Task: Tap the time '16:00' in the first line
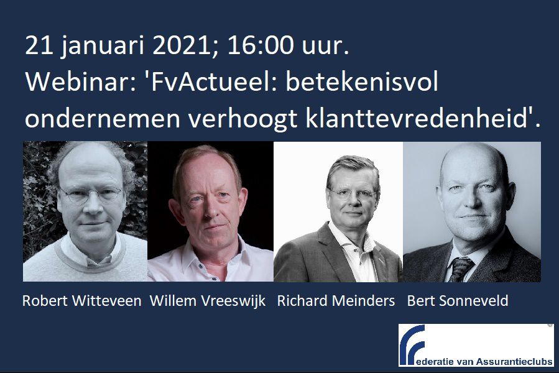point(261,45)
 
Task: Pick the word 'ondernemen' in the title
point(103,119)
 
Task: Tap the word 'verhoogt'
point(243,119)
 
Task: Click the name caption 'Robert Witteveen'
point(81,301)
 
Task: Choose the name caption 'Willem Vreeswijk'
point(208,301)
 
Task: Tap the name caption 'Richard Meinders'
point(336,301)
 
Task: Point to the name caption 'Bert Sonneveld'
point(458,301)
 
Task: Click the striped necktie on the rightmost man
point(460,269)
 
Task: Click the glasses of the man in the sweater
point(91,195)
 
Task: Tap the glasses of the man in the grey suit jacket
point(353,195)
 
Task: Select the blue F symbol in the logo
point(412,344)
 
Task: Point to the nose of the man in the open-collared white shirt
point(211,209)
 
